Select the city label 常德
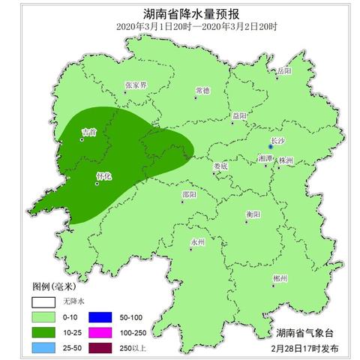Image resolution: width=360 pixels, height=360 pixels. click(x=202, y=90)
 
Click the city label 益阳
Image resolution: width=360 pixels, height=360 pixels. click(x=239, y=115)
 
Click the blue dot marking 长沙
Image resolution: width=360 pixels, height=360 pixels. click(x=272, y=147)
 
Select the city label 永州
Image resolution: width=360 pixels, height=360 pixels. click(x=197, y=242)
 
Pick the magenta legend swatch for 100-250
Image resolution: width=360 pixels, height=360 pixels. click(x=100, y=331)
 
